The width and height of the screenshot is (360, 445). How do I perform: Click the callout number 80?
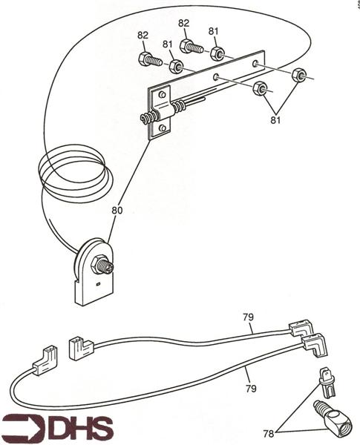point(117,211)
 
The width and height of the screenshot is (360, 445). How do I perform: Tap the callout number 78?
point(269,434)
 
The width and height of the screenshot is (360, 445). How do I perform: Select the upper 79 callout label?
point(248,317)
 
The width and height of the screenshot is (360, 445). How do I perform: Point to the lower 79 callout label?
point(251,388)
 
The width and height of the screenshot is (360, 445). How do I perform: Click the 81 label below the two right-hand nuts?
point(275,120)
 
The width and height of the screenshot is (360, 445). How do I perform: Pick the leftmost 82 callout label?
point(143,35)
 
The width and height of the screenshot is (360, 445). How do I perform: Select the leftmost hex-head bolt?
point(150,59)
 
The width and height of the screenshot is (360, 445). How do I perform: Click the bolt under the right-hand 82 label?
point(192,47)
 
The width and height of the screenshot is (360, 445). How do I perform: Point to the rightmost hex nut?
point(299,75)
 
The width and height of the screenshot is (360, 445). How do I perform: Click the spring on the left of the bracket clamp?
point(148,117)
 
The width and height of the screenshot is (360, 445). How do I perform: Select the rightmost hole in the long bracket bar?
point(255,63)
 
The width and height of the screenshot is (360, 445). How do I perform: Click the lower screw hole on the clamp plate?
point(163,128)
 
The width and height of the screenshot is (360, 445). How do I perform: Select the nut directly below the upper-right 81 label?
point(217,53)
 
